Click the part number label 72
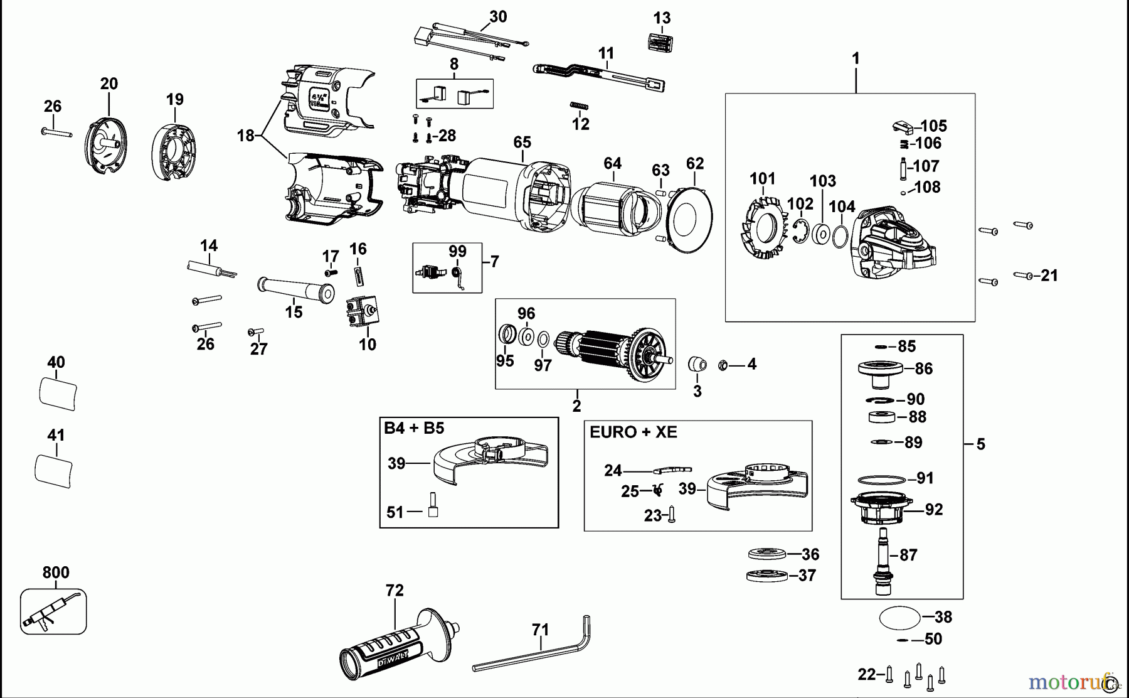click(395, 591)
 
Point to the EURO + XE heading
click(633, 432)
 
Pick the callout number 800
click(56, 572)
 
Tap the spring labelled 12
click(580, 106)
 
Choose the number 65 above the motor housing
click(522, 142)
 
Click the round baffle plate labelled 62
click(690, 220)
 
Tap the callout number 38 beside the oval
click(943, 617)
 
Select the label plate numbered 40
click(58, 394)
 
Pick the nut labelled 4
click(723, 364)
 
